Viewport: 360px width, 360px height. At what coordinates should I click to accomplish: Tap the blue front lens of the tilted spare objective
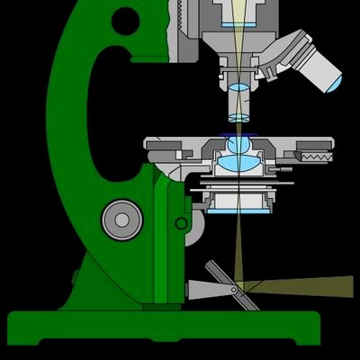click(x=334, y=83)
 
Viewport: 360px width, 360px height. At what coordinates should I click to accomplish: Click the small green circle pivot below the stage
click(x=182, y=222)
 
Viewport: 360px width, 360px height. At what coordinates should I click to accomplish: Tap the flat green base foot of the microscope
click(x=162, y=328)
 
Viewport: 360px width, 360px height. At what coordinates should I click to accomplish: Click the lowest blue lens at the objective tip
click(x=238, y=117)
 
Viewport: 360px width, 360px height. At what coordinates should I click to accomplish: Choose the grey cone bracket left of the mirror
click(x=200, y=289)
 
